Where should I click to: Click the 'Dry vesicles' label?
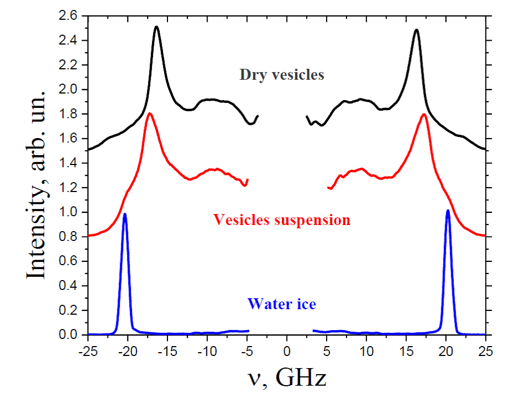pyautogui.click(x=281, y=75)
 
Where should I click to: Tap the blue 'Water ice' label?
pyautogui.click(x=281, y=303)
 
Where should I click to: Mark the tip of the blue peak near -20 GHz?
pyautogui.click(x=125, y=213)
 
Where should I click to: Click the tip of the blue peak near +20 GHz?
pyautogui.click(x=447, y=210)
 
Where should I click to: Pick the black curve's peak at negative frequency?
pyautogui.click(x=157, y=26)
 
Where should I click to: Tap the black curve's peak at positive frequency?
pyautogui.click(x=416, y=30)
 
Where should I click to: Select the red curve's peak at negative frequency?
pyautogui.click(x=149, y=113)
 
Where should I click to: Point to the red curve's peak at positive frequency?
pyautogui.click(x=424, y=114)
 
